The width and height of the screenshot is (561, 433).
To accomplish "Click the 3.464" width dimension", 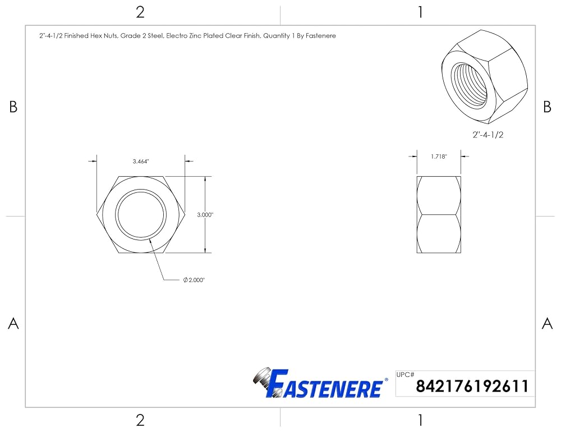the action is coord(141,162).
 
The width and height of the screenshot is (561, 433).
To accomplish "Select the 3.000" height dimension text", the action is coord(205,215).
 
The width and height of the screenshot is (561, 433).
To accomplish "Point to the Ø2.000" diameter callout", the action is coord(194,280).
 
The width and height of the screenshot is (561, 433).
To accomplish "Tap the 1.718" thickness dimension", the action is coord(439,156).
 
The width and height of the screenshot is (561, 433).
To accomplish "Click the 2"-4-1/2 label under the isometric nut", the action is coord(488,135).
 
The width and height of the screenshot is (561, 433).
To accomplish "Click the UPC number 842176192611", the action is coord(472,386).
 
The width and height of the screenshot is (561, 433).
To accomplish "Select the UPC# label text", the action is coord(406,375).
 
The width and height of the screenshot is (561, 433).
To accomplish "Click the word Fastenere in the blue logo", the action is coord(324,384).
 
